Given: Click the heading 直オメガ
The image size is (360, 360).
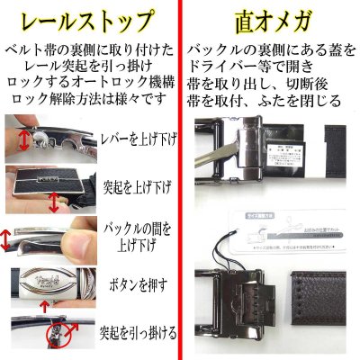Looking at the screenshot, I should pos(270,18).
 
